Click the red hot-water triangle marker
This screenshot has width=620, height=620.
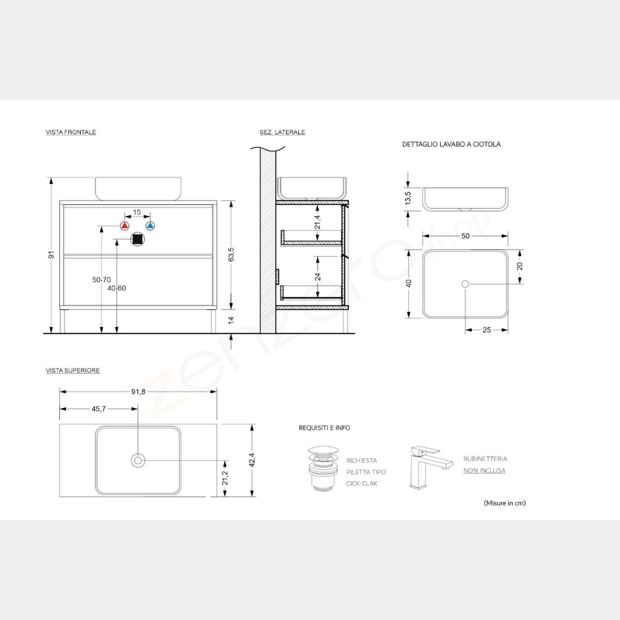point(125,226)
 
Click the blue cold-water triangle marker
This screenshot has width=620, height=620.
point(150,226)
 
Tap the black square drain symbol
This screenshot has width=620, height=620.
point(138,239)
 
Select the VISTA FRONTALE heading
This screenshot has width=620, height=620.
point(71,132)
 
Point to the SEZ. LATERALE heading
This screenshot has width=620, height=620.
point(282,132)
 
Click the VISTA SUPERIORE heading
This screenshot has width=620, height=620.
point(73,370)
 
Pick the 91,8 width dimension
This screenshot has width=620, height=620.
point(138,392)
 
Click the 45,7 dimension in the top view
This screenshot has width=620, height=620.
point(99,409)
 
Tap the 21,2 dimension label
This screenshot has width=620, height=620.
point(225,478)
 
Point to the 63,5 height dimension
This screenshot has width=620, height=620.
point(231,255)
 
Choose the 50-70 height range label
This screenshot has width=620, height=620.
point(102,280)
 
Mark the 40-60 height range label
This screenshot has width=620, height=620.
point(117,288)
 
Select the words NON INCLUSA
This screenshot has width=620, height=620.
point(484,471)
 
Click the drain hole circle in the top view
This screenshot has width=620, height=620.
point(138,460)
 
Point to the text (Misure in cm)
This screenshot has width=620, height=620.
point(504,503)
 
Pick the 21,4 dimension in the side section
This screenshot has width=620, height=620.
point(318,222)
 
